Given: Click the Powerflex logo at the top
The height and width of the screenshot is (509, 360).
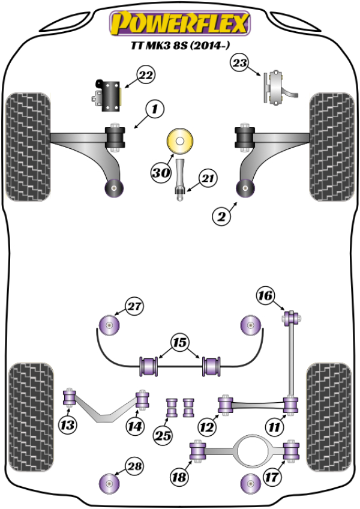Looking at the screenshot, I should (x=178, y=23).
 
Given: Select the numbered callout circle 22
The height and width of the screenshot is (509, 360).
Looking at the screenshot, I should (x=146, y=76).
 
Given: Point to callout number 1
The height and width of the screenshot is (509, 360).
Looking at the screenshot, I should (x=155, y=109).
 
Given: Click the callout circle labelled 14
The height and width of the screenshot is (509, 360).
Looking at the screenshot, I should (x=135, y=426).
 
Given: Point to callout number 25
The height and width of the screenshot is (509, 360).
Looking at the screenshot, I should (x=161, y=435).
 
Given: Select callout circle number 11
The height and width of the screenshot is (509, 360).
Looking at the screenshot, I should (x=275, y=427).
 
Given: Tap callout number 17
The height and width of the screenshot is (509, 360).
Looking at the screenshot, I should (x=271, y=478).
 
